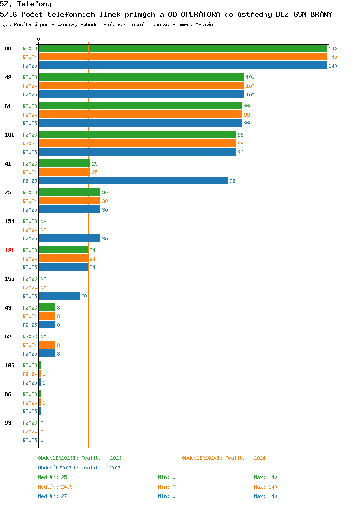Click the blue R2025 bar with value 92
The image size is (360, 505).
133,180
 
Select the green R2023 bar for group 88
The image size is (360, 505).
183,48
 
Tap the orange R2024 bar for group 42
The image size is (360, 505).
142,85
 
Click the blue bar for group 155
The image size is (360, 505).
59,296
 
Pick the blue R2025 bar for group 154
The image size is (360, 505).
70,238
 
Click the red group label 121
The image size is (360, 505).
9,250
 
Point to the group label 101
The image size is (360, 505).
9,135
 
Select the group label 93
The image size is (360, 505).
8,423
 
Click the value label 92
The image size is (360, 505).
232,181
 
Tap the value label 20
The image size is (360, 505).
84,296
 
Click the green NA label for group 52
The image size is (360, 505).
44,337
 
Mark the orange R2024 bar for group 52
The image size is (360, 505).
47,345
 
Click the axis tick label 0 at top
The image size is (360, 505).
39,39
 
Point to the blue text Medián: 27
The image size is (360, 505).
52,497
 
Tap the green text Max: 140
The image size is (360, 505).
265,477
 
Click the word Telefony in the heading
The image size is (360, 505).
35,4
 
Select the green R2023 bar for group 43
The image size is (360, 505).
47,308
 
